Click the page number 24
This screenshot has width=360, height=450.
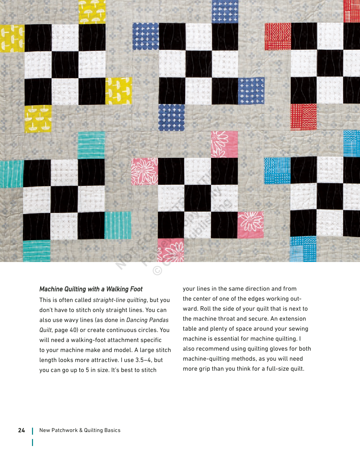22,430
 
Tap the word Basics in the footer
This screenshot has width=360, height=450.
112,430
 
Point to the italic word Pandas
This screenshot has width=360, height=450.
159,320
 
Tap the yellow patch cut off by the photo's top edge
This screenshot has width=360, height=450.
92,11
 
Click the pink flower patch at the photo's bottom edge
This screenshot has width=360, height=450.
171,250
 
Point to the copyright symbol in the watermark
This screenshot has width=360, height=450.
157,270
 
